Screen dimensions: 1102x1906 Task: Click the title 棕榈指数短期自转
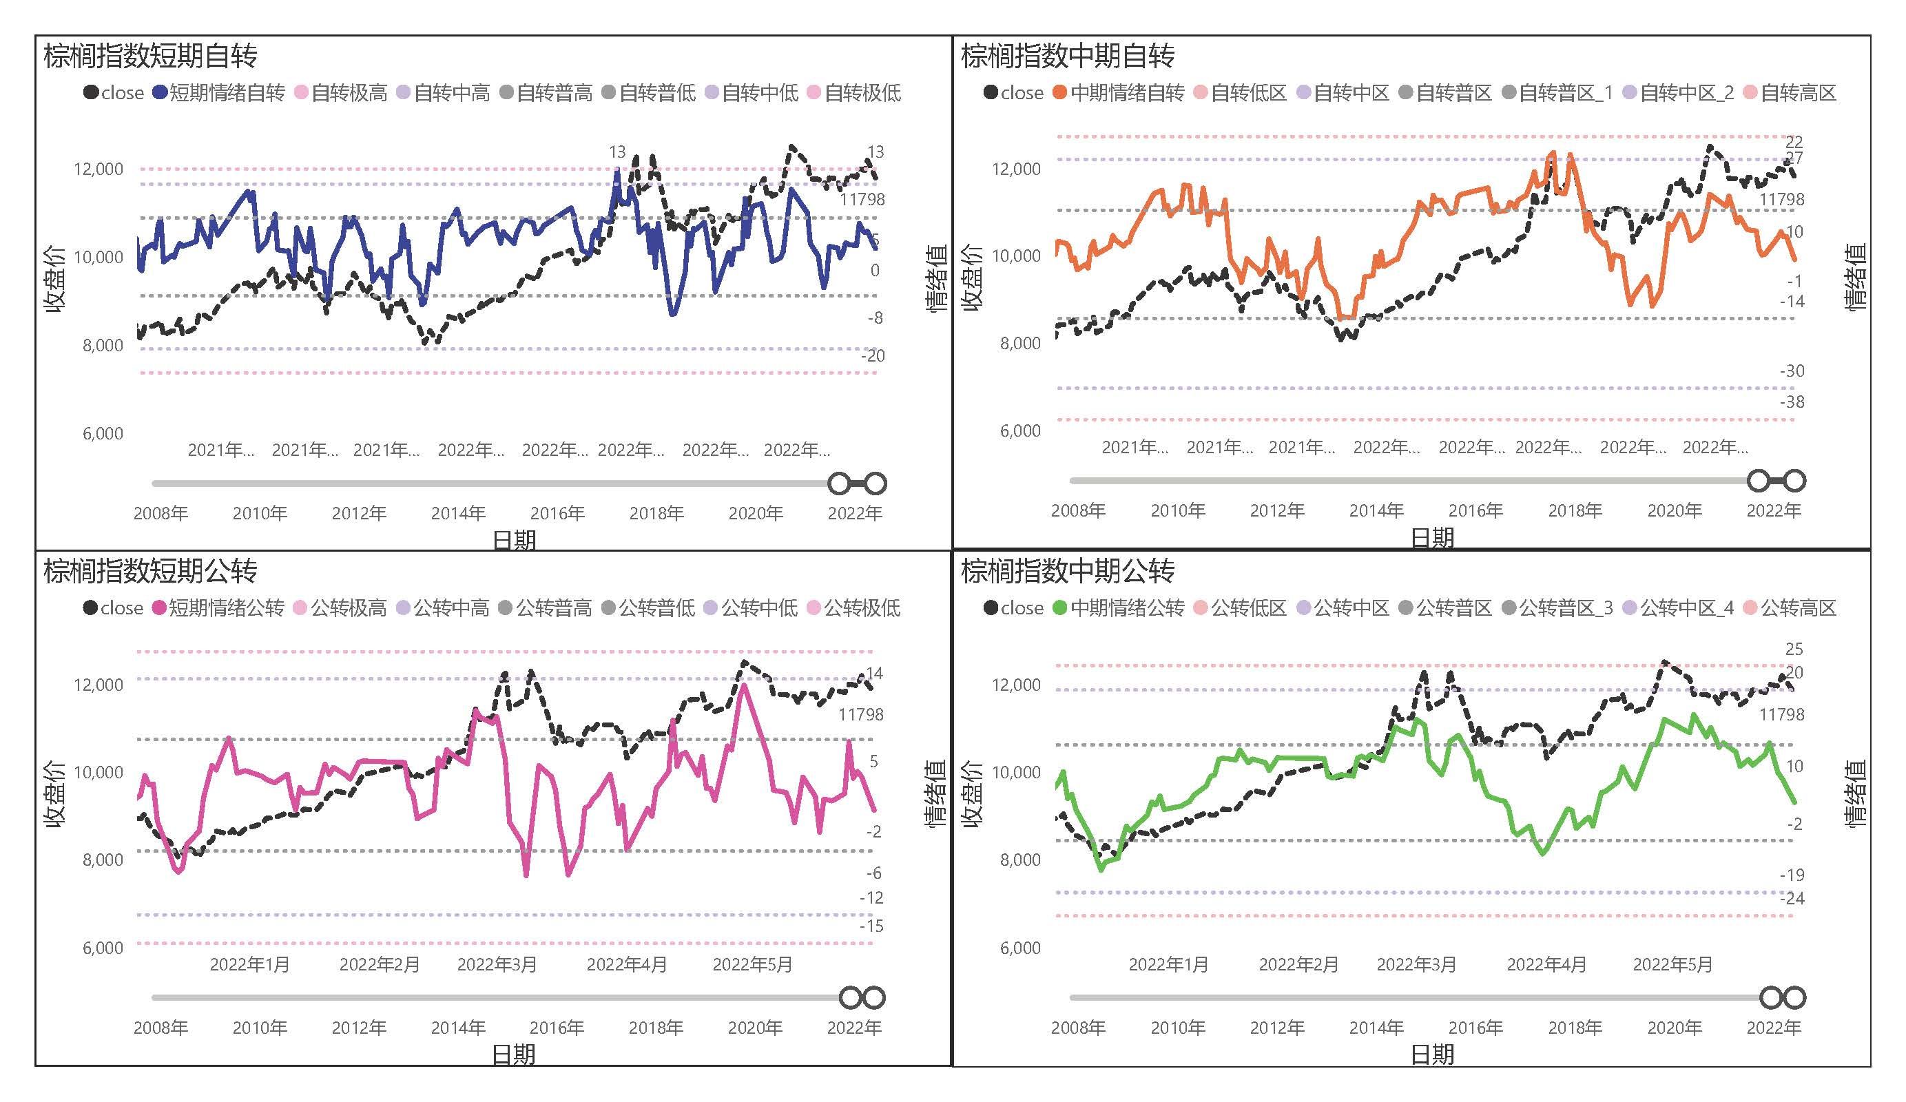(151, 56)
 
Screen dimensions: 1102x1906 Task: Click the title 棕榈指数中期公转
(1067, 571)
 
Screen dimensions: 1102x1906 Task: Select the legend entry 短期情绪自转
(226, 93)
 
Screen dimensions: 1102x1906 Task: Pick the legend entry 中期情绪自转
(1126, 93)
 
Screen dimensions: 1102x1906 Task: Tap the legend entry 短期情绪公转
(225, 608)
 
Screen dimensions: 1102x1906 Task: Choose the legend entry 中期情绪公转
(1126, 608)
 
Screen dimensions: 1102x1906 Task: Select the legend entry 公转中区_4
(1686, 608)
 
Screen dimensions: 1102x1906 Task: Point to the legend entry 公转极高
(348, 608)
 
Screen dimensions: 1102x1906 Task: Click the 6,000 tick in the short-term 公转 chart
(103, 948)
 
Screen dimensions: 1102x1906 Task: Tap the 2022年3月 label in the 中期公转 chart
(1416, 964)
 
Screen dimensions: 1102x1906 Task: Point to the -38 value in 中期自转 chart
(1791, 402)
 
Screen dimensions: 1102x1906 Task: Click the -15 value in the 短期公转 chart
(871, 926)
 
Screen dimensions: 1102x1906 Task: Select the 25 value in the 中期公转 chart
(1794, 649)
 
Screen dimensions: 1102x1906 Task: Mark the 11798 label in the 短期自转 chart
(862, 200)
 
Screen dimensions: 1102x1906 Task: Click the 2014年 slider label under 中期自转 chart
(1376, 510)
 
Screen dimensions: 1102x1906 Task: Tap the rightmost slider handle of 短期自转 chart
(875, 483)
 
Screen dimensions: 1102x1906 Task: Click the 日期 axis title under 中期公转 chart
(1432, 1054)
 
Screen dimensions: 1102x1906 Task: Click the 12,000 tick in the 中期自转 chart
(1016, 169)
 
